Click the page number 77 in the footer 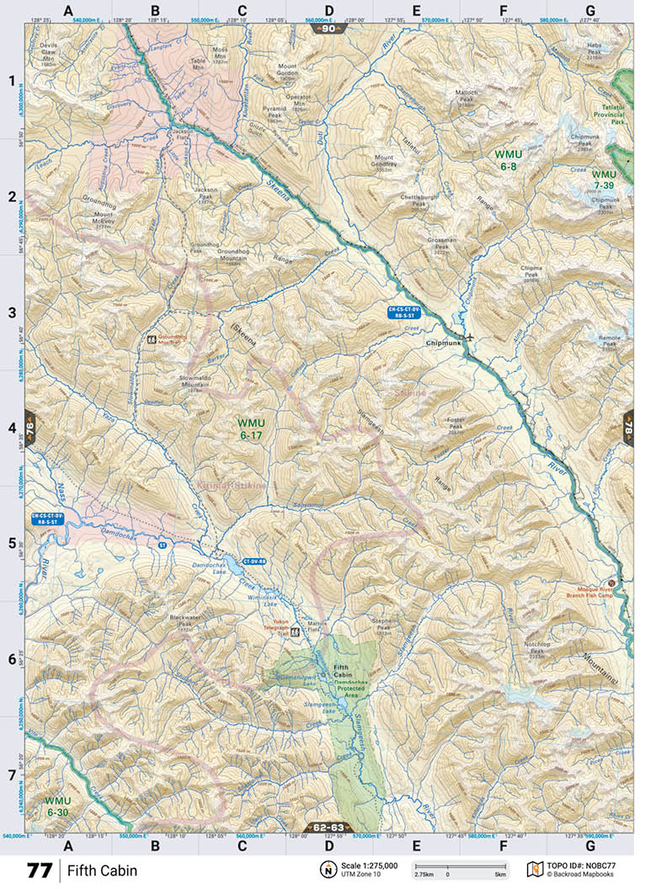(39, 870)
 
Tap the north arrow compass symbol (327, 870)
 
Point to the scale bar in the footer (460, 866)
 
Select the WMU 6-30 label (59, 806)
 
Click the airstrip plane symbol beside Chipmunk (469, 337)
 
